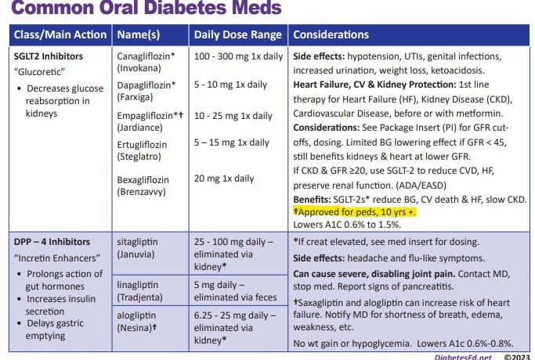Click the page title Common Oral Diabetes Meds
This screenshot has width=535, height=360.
[145, 10]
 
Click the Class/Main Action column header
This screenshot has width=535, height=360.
[60, 35]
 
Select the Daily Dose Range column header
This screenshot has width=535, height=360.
[237, 35]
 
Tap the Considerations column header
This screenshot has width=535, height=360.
[331, 35]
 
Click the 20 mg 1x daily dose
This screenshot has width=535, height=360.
[224, 178]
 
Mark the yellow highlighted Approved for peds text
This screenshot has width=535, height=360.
[354, 212]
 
